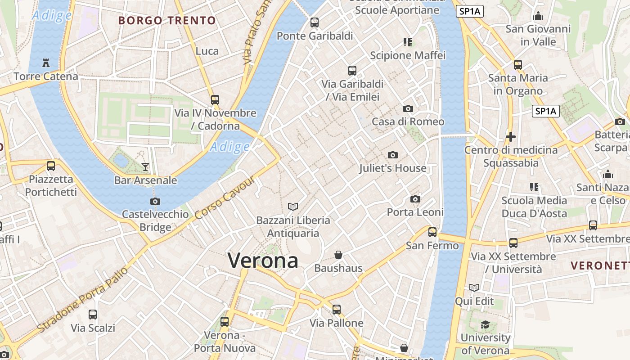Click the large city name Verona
263,261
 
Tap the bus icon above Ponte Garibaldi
315,22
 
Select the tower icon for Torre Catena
46,63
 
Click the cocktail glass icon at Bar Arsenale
145,167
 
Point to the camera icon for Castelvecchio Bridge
155,201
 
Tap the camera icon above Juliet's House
393,155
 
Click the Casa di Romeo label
408,121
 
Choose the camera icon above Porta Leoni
415,199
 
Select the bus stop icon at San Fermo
432,232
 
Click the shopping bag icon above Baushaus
338,255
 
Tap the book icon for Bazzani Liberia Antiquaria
293,207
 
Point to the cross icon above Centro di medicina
511,136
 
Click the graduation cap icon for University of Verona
485,324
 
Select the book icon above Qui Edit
474,288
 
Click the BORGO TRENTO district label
167,20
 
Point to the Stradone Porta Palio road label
83,299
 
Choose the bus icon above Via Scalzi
93,315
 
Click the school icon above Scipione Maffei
408,42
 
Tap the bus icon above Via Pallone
337,310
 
